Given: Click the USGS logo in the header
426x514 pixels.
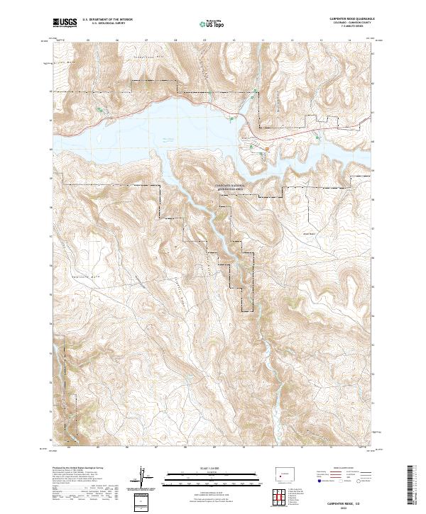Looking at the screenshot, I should click(64, 23).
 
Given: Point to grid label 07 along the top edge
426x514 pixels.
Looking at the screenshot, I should click(146, 40).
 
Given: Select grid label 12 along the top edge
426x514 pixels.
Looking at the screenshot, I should click(292, 40).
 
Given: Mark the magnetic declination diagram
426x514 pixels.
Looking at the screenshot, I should click(142, 479).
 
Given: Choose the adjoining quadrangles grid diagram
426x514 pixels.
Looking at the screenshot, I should click(282, 495).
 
